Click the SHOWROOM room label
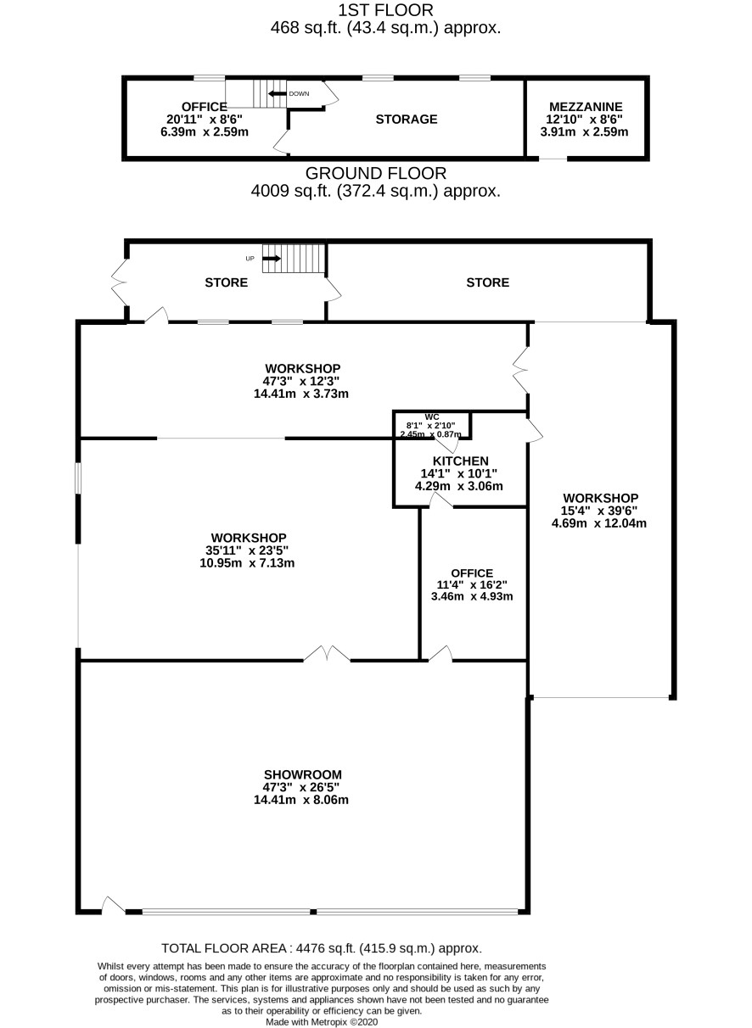coord(303,774)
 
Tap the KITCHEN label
coord(460,461)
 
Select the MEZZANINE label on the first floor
coord(586,107)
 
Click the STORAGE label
coord(407,120)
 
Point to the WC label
coord(432,416)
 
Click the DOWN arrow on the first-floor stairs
coord(278,93)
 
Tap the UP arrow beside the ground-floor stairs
coord(272,259)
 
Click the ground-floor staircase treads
coord(294,258)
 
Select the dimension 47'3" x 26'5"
coord(301,787)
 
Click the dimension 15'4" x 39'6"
coord(599,511)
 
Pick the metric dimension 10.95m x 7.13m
coord(247,563)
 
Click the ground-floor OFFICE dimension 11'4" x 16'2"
coord(472,584)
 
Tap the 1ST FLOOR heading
coord(386,10)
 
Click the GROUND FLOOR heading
coord(376,174)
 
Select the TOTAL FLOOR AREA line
coord(322,948)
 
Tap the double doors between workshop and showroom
coord(327,653)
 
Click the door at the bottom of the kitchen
coord(441,502)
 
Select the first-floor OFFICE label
coord(205,107)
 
